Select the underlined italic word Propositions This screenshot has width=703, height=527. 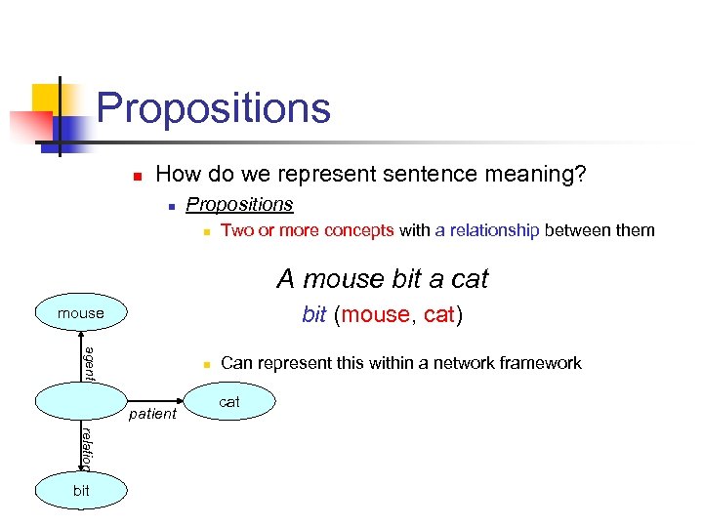[239, 204]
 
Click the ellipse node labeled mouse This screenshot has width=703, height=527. [81, 313]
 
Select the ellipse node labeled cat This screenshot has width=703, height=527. [229, 401]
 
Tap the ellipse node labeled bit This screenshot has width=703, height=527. [81, 490]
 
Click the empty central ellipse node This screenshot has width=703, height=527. [81, 401]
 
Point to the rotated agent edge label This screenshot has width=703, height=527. [88, 364]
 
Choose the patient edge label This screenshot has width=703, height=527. [153, 414]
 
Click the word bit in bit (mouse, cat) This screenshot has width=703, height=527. [314, 314]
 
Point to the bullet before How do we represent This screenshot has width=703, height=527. [138, 177]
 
